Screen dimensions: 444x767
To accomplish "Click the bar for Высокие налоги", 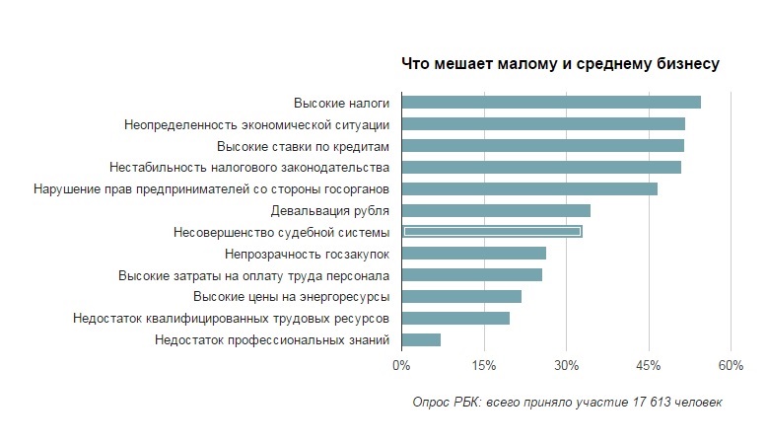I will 552,103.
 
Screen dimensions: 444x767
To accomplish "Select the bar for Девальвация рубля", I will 497,210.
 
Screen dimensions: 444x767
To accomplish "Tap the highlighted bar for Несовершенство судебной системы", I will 493,232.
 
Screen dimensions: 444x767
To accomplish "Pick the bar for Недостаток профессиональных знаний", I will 422,340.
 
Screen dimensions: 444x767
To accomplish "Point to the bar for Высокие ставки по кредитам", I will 543,146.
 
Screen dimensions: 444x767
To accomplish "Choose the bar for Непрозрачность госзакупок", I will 474,254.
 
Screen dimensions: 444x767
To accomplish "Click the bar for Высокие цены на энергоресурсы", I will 462,297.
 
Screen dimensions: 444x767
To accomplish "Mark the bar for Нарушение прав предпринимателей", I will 530,188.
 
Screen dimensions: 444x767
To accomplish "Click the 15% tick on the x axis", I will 483,367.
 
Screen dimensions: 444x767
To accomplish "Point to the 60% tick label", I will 730,367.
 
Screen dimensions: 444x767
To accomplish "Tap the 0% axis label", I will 401,367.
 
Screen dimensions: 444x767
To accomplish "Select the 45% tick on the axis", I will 648,367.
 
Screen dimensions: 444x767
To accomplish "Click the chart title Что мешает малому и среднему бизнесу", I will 560,64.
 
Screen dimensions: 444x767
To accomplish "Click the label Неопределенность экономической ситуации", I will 257,124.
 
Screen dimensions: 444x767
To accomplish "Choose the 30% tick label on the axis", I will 565,367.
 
